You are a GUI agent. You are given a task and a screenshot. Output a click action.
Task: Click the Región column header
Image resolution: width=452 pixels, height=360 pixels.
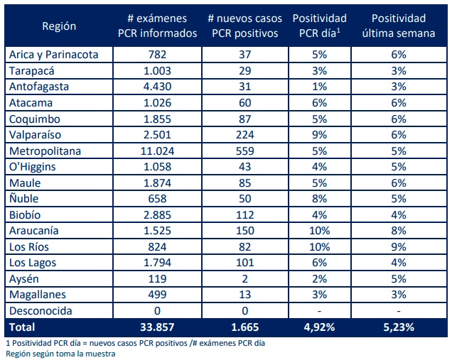(59, 27)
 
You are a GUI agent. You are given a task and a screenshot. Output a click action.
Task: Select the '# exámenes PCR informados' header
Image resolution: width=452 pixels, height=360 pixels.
(156, 27)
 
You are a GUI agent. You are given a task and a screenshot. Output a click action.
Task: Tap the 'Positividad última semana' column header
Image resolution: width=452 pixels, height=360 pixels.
(398, 27)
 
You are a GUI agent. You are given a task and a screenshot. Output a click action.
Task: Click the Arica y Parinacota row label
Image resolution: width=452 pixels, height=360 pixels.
(60, 55)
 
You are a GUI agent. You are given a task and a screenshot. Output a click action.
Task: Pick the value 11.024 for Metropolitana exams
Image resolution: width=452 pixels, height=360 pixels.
(156, 151)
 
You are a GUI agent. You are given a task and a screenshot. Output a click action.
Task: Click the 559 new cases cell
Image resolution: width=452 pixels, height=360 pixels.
(245, 151)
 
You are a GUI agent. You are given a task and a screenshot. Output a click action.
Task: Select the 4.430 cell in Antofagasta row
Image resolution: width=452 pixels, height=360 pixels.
(156, 87)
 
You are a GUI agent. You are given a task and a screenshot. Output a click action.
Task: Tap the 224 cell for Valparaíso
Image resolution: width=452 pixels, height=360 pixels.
(245, 135)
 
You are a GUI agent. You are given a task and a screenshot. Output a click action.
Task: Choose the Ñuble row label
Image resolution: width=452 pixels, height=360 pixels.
(26, 199)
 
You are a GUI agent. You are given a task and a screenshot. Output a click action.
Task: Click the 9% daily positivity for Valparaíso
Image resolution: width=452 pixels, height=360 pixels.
(319, 135)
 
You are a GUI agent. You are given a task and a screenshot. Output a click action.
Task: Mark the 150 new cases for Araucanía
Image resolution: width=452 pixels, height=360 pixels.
(245, 231)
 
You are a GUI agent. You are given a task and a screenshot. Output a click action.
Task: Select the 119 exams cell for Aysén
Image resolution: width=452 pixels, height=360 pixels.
(156, 278)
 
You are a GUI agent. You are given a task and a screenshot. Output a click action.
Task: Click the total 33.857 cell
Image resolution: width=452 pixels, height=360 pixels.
(156, 327)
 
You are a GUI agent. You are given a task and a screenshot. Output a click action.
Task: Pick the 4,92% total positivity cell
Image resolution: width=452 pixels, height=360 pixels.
(319, 327)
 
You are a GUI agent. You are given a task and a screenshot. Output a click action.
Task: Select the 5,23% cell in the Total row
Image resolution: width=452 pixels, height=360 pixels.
(398, 327)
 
